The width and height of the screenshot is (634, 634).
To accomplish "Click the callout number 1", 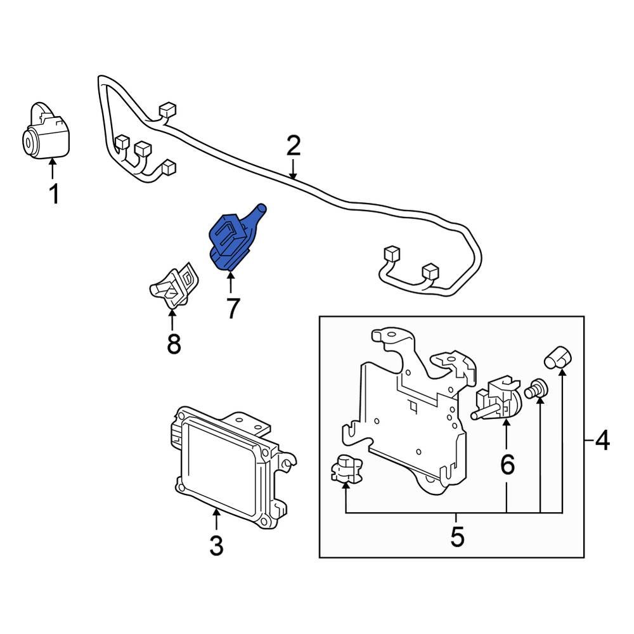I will pos(54,193).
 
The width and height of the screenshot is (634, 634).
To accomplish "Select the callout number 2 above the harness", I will pos(292,146).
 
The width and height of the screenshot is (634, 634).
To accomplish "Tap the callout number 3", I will pos(216,545).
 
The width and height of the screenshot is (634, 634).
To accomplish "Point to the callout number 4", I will pos(601,440).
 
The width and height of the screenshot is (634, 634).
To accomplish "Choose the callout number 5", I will pos(457,536).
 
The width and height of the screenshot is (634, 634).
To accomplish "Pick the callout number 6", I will pos(507,465).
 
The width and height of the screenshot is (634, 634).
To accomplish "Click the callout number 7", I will pos(232,308).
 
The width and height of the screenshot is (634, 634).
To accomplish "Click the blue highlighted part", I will pos(231,241).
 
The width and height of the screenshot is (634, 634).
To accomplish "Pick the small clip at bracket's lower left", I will pos(345,469).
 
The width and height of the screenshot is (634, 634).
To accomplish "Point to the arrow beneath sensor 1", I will pos(53,170).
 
